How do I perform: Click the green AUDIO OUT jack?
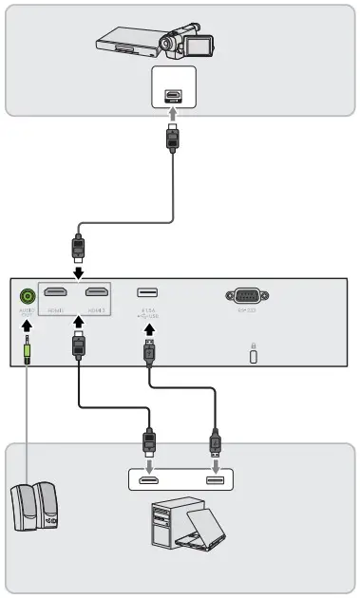pyautogui.click(x=27, y=295)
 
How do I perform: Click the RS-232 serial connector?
pyautogui.click(x=247, y=294)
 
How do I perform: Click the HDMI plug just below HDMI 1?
pyautogui.click(x=78, y=345)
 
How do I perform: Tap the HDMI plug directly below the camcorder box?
pyautogui.click(x=172, y=139)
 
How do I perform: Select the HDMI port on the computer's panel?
pyautogui.click(x=149, y=482)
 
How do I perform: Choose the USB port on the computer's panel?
pyautogui.click(x=215, y=482)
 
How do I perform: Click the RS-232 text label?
pyautogui.click(x=247, y=309)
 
